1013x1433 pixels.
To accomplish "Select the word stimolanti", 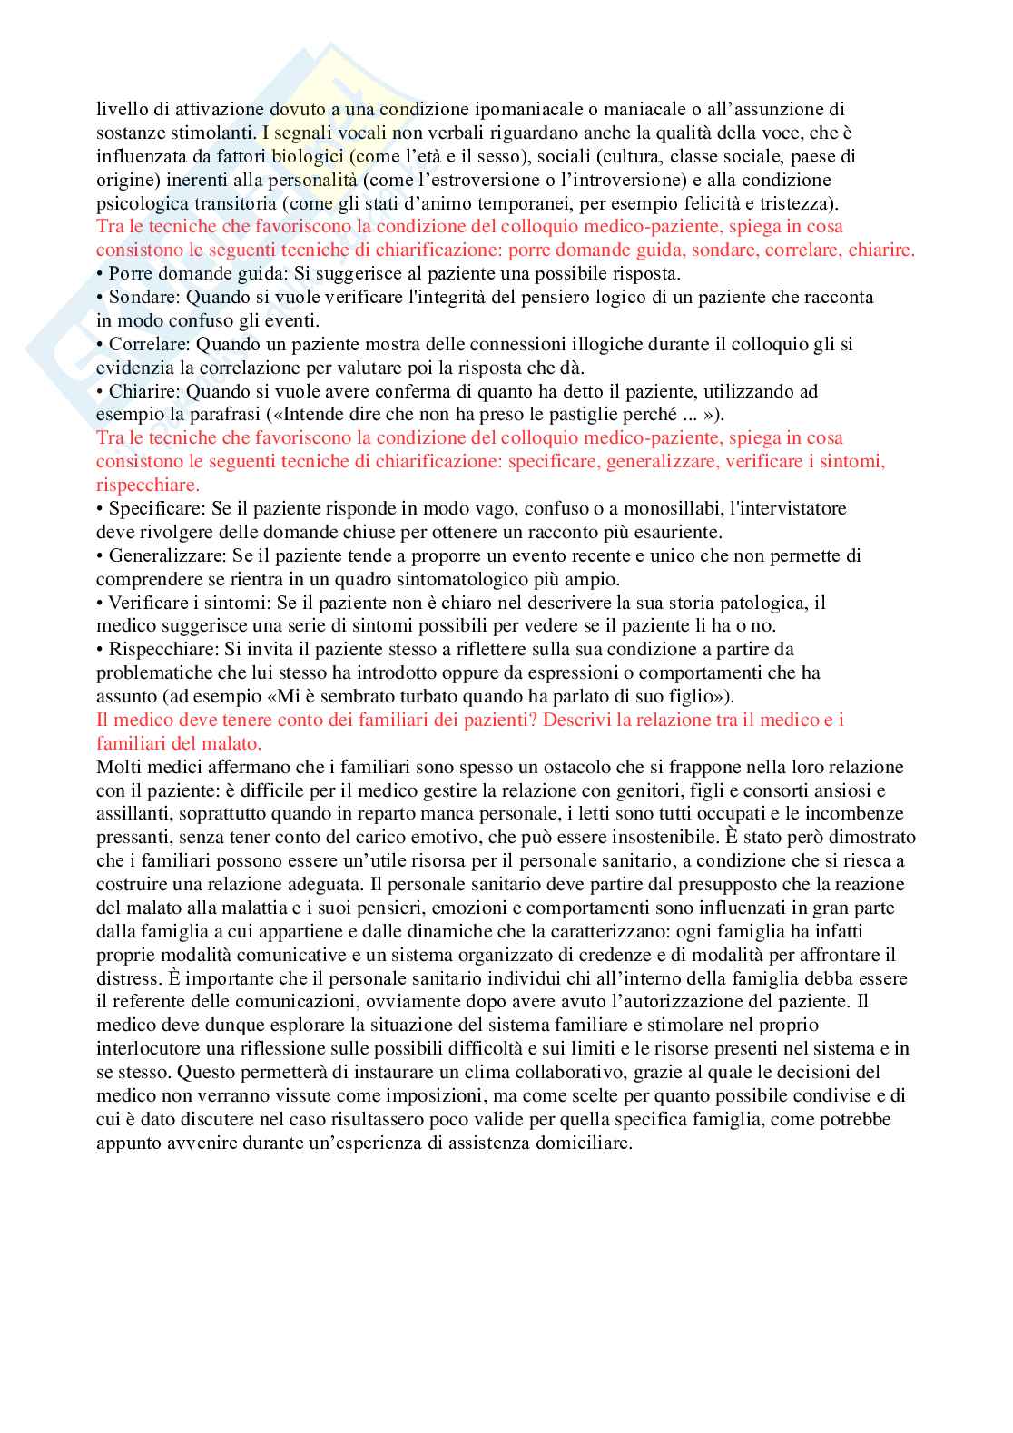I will click(x=212, y=133).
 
